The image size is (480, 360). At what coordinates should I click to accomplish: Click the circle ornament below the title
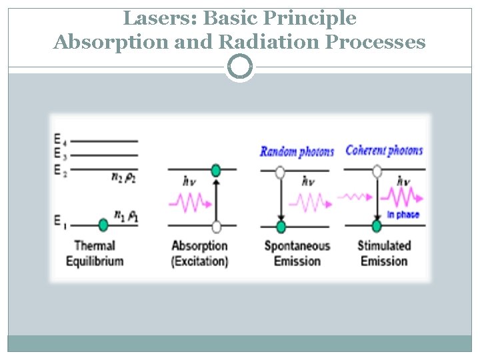pyautogui.click(x=240, y=67)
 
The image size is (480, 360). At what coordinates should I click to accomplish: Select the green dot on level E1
pyautogui.click(x=103, y=225)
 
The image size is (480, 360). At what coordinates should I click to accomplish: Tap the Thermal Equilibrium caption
pyautogui.click(x=95, y=253)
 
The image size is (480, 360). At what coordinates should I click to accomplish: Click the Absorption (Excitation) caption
pyautogui.click(x=199, y=253)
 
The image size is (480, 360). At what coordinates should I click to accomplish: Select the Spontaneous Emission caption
pyautogui.click(x=297, y=253)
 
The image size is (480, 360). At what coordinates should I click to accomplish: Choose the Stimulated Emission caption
pyautogui.click(x=384, y=253)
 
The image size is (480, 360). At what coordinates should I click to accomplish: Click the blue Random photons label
pyautogui.click(x=297, y=152)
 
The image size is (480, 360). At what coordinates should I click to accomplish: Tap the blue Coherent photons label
pyautogui.click(x=384, y=150)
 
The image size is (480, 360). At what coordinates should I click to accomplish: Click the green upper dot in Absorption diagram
pyautogui.click(x=215, y=171)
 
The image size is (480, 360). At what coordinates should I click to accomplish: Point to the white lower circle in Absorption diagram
pyautogui.click(x=215, y=225)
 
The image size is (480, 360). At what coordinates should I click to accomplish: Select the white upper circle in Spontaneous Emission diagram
pyautogui.click(x=280, y=172)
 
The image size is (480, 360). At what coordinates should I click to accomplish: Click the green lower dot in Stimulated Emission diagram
pyautogui.click(x=377, y=226)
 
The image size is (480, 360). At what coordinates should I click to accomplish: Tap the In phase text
pyautogui.click(x=403, y=215)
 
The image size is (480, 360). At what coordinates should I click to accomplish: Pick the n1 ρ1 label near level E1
pyautogui.click(x=126, y=215)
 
